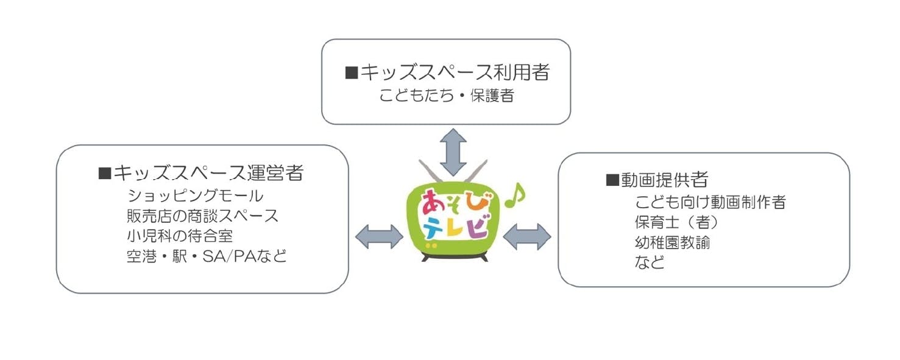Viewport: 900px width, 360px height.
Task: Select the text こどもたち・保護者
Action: click(447, 96)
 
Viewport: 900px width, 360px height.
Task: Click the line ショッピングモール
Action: click(196, 196)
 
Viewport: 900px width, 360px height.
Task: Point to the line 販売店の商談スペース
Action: click(202, 216)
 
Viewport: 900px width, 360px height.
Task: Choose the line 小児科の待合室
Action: click(180, 235)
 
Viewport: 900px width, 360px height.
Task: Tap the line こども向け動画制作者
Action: click(710, 202)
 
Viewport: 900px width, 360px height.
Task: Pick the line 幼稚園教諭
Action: click(672, 242)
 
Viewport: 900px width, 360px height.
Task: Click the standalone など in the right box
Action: click(650, 263)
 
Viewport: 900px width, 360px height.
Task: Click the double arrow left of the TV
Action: click(379, 236)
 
